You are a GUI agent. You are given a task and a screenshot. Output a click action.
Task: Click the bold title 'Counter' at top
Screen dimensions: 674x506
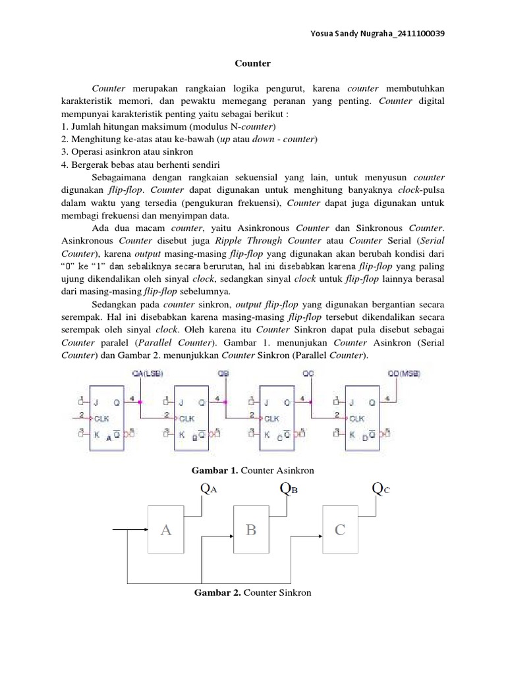point(253,64)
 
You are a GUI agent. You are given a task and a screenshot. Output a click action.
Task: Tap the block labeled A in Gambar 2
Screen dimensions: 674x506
point(165,531)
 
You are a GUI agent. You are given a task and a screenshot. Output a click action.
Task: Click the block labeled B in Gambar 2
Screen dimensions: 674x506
point(251,531)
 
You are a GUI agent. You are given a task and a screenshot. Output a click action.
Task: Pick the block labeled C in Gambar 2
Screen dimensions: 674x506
point(339,531)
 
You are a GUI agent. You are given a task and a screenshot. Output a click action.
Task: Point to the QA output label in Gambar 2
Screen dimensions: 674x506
point(209,490)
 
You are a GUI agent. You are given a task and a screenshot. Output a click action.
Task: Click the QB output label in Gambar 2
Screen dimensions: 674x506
point(289,489)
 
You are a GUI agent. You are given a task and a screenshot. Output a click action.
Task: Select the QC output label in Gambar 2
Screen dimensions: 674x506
point(381,489)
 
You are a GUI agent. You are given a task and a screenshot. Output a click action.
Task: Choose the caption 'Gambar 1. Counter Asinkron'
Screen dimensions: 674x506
point(253,471)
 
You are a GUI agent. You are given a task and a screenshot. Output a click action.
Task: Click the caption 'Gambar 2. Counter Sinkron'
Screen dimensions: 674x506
point(253,593)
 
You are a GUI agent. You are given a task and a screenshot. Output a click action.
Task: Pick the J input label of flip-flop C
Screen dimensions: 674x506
point(267,401)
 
